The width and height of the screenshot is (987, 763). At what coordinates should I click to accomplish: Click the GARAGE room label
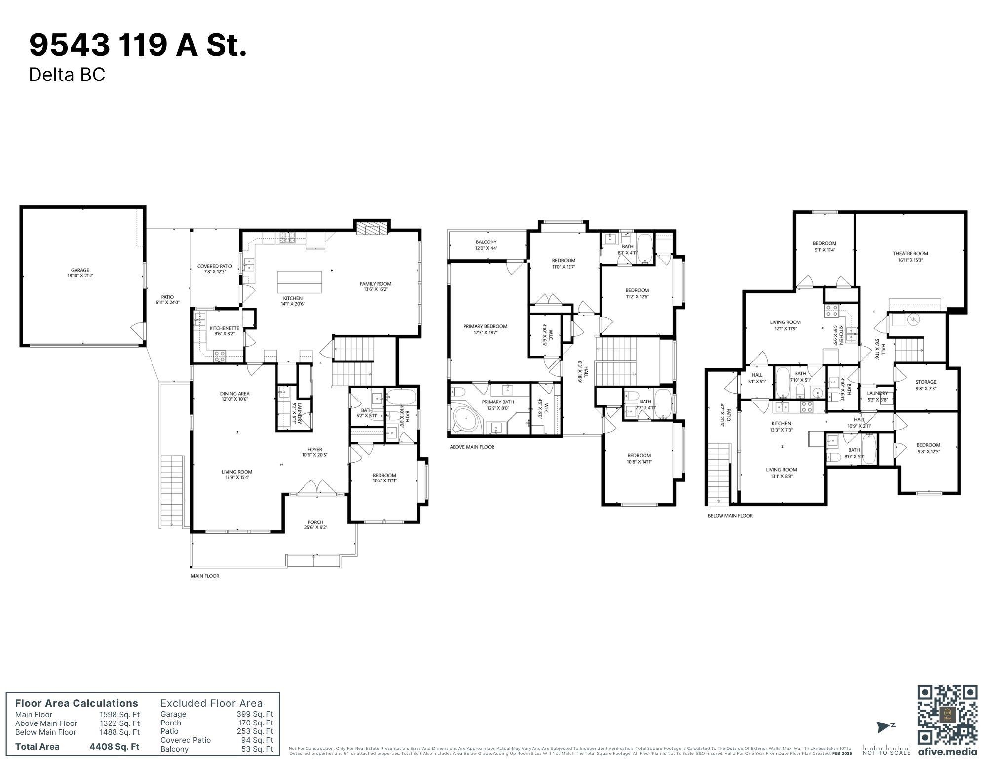coord(79,270)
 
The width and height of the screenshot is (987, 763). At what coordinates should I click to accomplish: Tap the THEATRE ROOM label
coord(910,253)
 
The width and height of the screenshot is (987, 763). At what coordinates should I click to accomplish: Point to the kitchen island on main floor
coord(299,282)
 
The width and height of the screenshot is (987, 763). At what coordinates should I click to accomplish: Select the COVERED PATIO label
coord(214,266)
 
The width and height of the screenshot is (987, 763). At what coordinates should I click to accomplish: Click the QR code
coord(947,715)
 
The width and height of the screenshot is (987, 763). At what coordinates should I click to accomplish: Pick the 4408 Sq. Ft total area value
coord(114,746)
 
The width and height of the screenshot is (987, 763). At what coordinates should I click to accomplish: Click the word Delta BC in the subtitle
coord(67,75)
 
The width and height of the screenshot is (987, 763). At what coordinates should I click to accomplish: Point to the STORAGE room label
coord(926,382)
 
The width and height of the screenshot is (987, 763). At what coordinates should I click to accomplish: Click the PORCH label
coord(315,522)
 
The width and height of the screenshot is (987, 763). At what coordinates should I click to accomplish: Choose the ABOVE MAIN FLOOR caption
coord(471,447)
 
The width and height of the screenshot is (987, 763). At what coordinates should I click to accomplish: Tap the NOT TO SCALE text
coord(886,752)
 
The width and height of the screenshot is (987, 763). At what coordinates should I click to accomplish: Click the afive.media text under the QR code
coord(947,752)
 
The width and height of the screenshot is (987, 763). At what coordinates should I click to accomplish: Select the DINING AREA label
coord(234,394)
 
